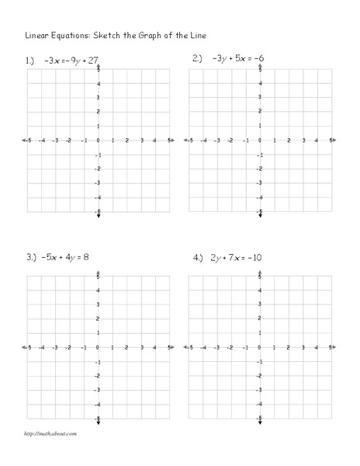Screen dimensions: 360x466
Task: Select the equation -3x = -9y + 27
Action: (x=71, y=59)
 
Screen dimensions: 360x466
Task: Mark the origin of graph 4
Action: (x=259, y=347)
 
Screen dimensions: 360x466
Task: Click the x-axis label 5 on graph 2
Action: (x=331, y=141)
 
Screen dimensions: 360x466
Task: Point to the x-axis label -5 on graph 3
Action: (x=29, y=347)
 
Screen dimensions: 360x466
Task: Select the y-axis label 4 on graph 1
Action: (x=96, y=82)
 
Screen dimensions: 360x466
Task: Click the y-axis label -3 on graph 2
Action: (x=260, y=183)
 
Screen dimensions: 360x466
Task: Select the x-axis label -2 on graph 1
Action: (x=69, y=141)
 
